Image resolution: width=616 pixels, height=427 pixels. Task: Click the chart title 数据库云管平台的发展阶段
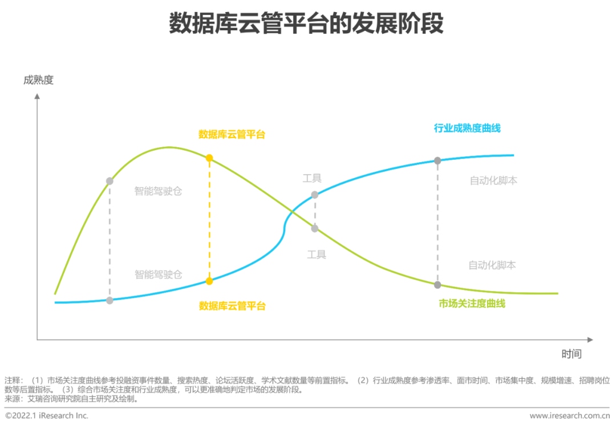coord(306,25)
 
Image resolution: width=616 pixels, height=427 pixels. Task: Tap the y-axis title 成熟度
coord(38,80)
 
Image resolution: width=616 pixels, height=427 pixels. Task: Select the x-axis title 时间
coord(572,354)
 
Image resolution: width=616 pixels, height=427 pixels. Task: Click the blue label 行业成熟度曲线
coord(467,128)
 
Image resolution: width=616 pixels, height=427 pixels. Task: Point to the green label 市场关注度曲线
coord(472,303)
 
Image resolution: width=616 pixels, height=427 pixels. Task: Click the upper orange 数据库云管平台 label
coord(232,135)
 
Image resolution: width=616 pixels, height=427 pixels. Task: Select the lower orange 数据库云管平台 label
coord(232,306)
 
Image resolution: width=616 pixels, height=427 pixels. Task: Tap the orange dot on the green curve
coord(209,158)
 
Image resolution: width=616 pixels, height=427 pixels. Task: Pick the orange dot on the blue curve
coord(209,281)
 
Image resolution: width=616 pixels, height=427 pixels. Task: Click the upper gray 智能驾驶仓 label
coord(158,191)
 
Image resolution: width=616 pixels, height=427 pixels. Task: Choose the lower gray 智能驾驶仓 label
coord(158,275)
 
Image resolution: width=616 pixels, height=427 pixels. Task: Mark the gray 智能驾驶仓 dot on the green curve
coord(110,181)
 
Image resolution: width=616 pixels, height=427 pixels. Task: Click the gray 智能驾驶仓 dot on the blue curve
coord(110,300)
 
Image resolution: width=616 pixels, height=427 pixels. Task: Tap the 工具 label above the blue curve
coord(312,178)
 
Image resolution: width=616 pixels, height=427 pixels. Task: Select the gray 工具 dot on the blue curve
coord(314,195)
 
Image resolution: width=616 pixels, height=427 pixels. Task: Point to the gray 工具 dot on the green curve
coord(314,228)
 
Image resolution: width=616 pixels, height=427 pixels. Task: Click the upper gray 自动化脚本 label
coord(493,180)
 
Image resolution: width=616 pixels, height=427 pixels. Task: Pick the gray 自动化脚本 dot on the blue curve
coord(437,160)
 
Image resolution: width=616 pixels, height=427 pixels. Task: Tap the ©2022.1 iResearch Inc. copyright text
coord(47,416)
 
